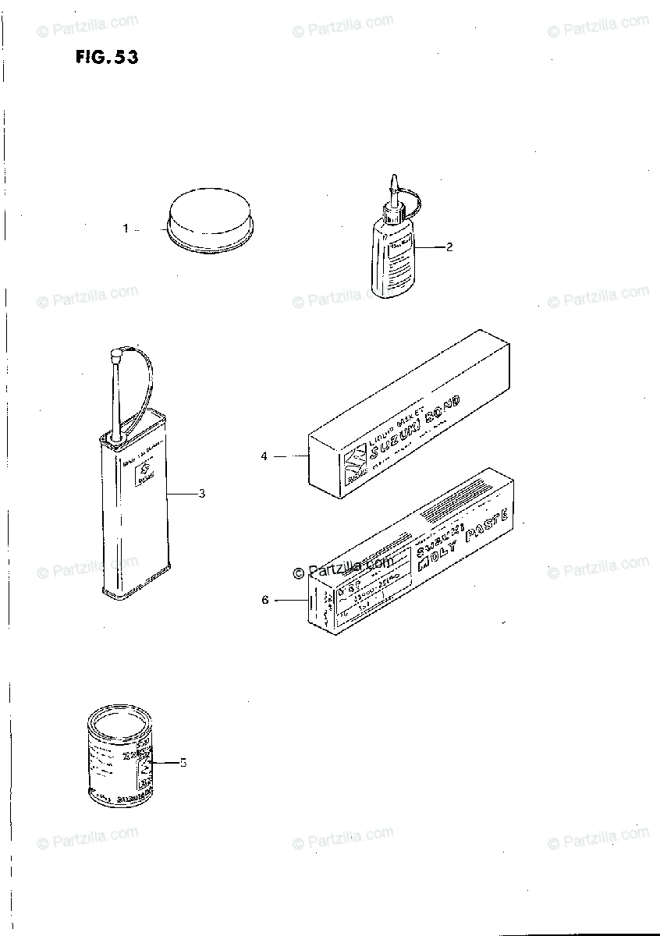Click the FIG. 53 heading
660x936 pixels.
coord(107,57)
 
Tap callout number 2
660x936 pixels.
coord(449,247)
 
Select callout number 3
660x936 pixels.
coord(201,493)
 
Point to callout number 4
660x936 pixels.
coord(264,456)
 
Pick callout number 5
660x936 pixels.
coord(183,762)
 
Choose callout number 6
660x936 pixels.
coord(264,600)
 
